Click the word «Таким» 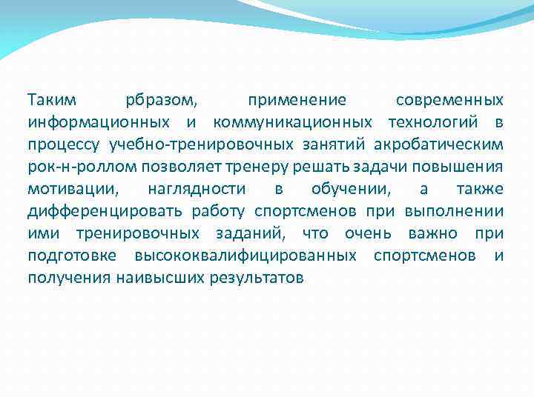[x=50, y=99]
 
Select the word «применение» [x=297, y=99]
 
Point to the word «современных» [x=449, y=99]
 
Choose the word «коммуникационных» [x=292, y=121]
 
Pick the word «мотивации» [x=69, y=188]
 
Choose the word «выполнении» [x=455, y=211]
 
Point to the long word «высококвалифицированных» [x=245, y=256]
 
